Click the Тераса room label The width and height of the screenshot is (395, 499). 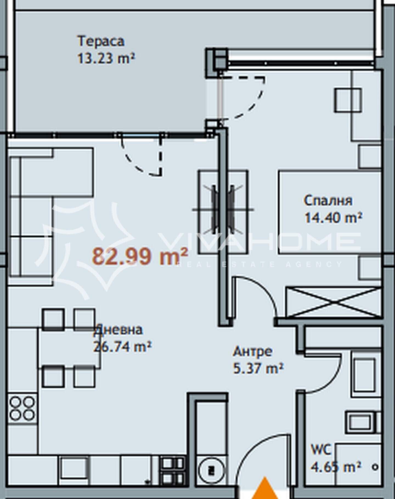[x=101, y=41]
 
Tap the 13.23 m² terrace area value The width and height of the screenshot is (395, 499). [x=106, y=58]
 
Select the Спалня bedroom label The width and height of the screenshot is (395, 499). [x=328, y=200]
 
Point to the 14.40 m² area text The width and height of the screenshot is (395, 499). [x=333, y=218]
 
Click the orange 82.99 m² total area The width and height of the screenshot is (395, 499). [x=140, y=256]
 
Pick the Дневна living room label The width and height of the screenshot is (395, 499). [x=118, y=330]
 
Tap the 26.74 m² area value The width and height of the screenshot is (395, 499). [x=122, y=347]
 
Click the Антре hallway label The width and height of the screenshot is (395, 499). [x=253, y=351]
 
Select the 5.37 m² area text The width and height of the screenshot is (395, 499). [x=258, y=368]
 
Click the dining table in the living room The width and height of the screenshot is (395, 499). [x=69, y=347]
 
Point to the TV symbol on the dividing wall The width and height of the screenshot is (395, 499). [x=223, y=210]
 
